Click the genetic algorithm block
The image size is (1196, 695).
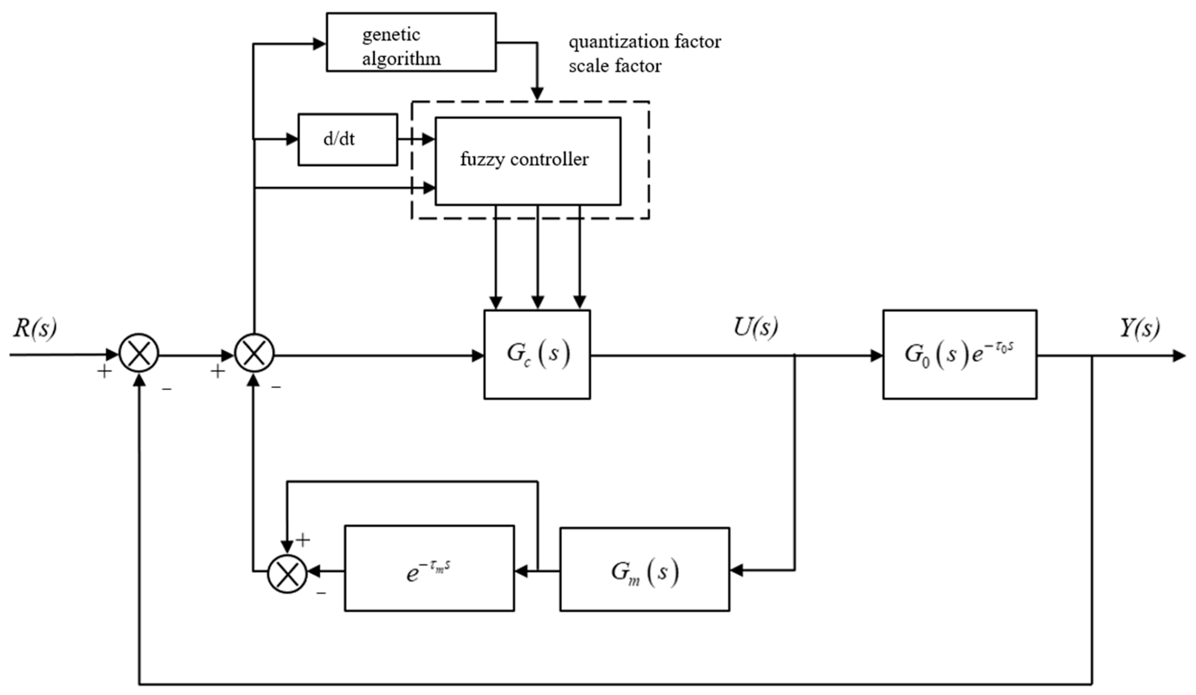(411, 43)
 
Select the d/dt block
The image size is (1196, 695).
(347, 139)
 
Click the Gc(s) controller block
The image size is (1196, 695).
(537, 354)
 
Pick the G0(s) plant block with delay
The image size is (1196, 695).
(959, 354)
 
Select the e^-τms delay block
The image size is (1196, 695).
(429, 569)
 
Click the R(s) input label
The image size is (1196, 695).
(35, 327)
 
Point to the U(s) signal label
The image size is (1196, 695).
(756, 327)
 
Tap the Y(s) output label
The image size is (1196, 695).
(1140, 327)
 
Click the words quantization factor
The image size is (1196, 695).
(645, 42)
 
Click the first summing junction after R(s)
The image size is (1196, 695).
(139, 353)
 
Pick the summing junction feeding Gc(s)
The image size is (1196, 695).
(254, 353)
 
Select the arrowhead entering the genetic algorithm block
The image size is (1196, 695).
(319, 44)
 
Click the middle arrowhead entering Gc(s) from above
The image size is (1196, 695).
(537, 302)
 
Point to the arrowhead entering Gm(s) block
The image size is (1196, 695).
(736, 570)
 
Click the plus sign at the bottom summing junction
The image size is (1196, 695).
(303, 539)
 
